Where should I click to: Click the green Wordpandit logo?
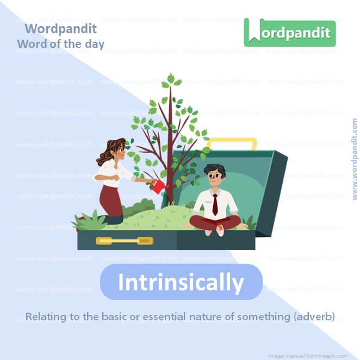coord(290,32)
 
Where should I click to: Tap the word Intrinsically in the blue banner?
coord(181,283)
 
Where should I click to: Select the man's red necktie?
coord(215,204)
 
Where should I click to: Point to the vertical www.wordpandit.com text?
coord(355,159)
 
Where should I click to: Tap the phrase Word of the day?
coord(60,44)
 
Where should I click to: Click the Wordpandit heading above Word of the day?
coord(61,28)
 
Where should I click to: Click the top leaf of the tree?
coord(170,78)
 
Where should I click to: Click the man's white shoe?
coord(220,230)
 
